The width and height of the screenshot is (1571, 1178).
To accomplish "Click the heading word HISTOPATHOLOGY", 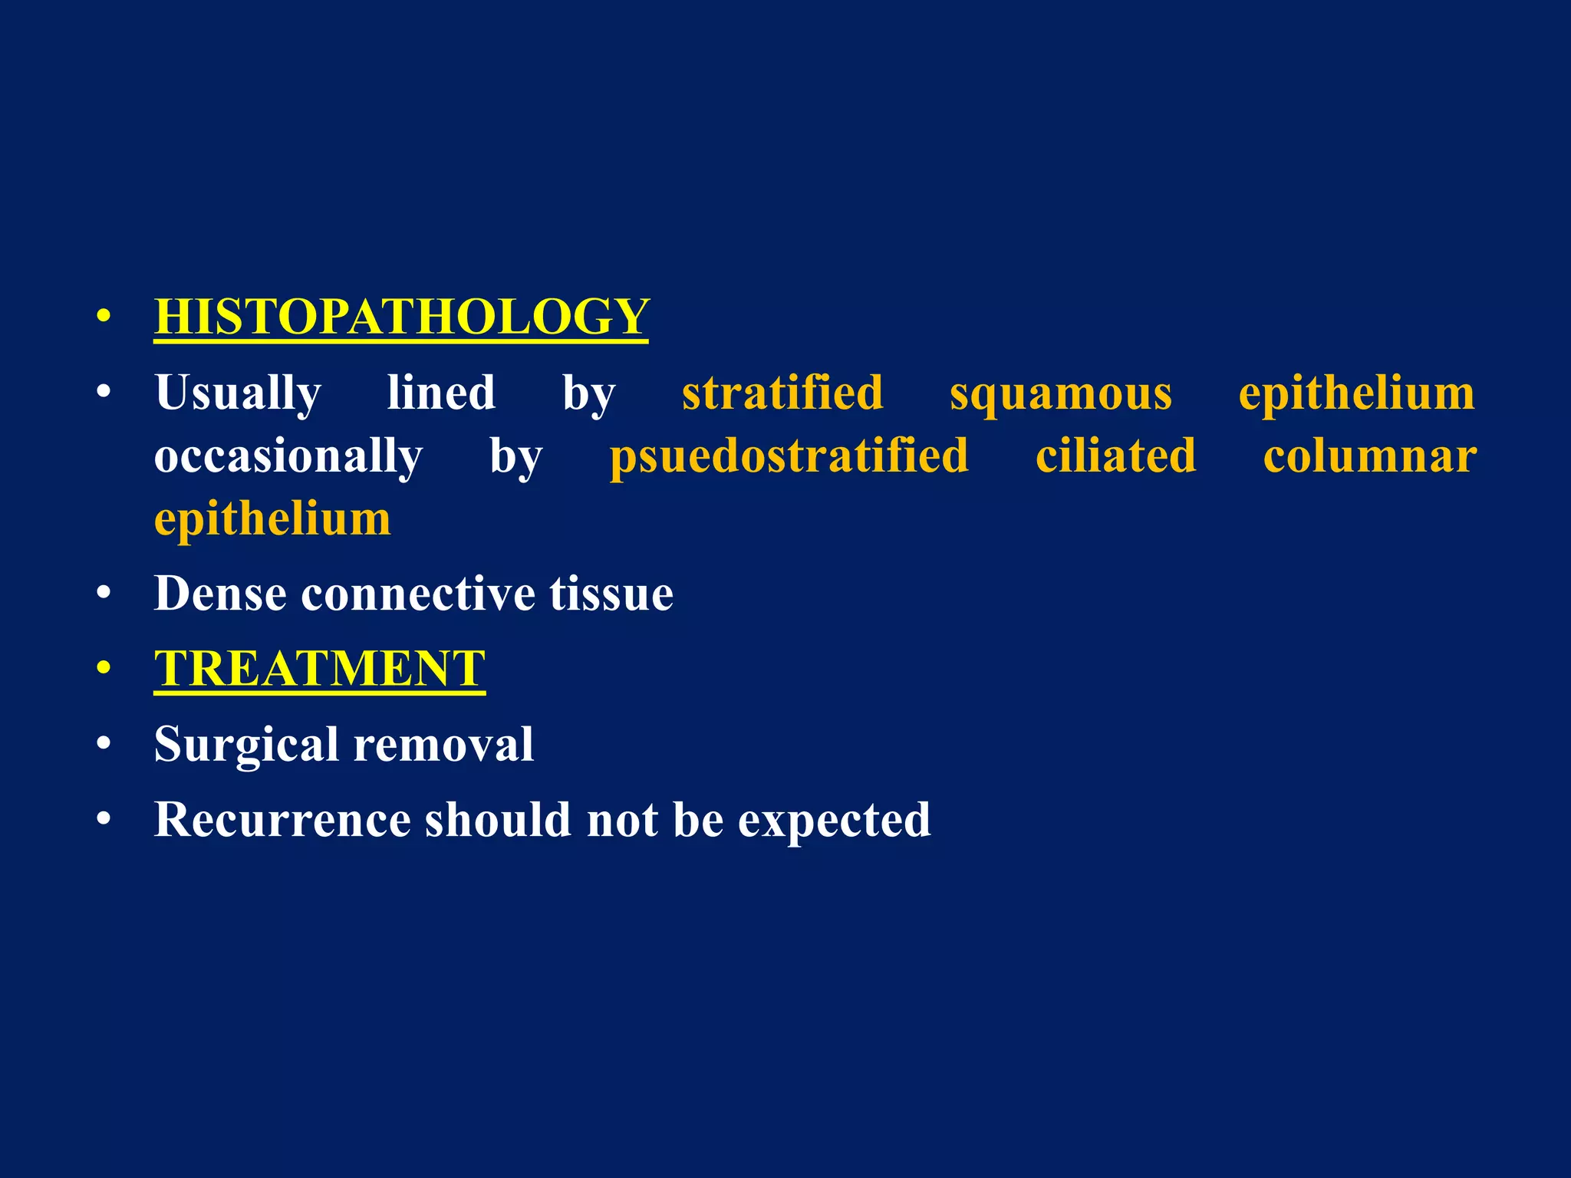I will pos(401,317).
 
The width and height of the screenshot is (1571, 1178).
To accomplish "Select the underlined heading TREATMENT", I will pos(319,669).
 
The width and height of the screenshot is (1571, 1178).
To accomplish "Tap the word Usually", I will pos(238,394).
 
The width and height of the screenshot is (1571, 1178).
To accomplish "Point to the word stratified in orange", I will pos(782,393).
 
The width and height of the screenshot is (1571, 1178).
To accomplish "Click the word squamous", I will pos(1061,394).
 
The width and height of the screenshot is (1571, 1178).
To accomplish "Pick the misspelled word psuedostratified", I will pos(789,456).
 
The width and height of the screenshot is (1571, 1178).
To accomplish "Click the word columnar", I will pos(1369,456).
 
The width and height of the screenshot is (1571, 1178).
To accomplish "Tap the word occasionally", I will pos(288,456).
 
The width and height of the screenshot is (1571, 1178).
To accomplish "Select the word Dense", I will pos(220,594).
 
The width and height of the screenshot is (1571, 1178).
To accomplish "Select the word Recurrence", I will pos(282,820).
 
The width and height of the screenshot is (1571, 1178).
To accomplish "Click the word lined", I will pos(441,393).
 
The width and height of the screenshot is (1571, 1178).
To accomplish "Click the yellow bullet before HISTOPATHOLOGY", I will pos(104,317).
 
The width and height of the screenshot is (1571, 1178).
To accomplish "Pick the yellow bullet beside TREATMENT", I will pos(104,669).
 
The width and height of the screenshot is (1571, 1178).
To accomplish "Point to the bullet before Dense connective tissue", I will pos(104,594).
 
